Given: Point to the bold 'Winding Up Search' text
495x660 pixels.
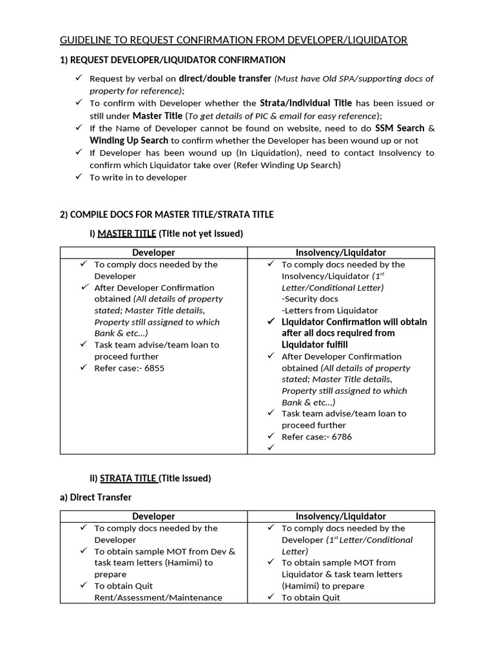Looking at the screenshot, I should pos(129,140).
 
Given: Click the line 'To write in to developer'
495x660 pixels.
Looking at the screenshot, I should pos(138,177).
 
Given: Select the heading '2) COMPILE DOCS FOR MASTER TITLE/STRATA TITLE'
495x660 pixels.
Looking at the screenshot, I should pos(167,214).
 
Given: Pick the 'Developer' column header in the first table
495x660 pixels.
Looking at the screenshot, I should pos(153,253).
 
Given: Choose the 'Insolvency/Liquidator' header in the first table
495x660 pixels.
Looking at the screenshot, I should pos(341,253).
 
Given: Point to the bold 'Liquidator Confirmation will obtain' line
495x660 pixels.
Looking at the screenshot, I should pos(354,322).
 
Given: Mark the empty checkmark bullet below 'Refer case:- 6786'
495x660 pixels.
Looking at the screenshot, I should pos(271,448).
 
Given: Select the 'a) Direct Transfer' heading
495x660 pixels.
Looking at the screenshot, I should pos(95,498).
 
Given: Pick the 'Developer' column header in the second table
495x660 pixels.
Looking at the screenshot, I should pos(153,516).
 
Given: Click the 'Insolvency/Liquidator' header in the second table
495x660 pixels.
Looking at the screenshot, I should pos(341,516).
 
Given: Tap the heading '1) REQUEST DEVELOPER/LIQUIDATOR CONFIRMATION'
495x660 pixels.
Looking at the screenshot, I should pos(172,60).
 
